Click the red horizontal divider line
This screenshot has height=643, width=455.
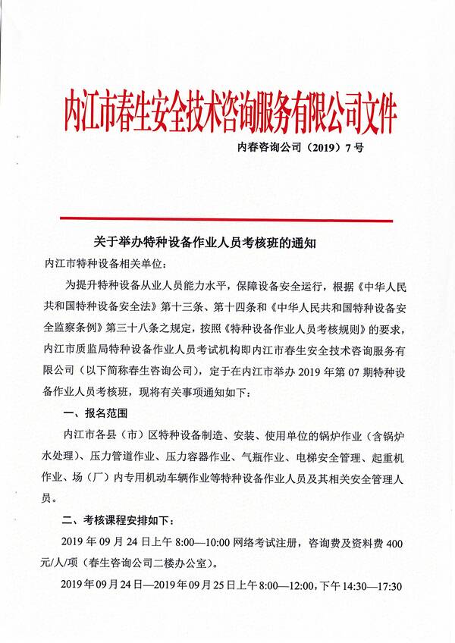click(227, 220)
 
